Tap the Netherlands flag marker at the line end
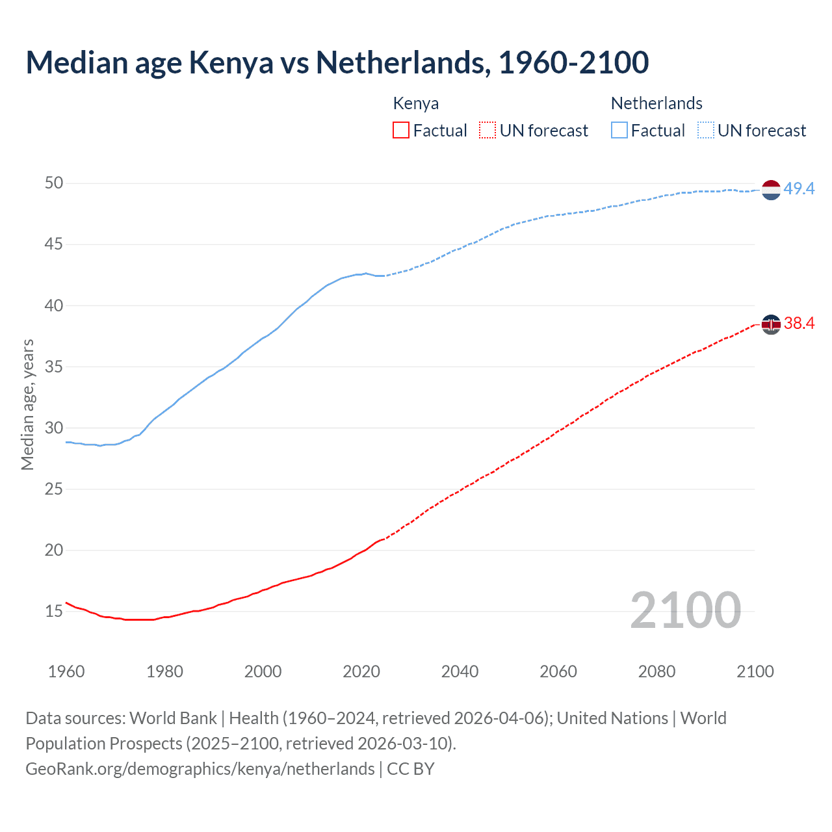point(770,190)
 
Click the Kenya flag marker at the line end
point(770,324)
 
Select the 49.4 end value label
point(799,189)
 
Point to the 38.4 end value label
point(799,323)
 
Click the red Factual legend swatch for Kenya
point(401,131)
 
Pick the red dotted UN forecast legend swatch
point(487,131)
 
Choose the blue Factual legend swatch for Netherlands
point(619,131)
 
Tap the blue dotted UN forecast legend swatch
point(706,131)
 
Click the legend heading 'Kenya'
point(416,103)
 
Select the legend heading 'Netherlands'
point(656,103)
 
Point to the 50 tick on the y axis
point(54,183)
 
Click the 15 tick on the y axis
point(54,611)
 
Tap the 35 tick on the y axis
point(54,367)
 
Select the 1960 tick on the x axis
point(66,671)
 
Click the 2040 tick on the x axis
point(460,671)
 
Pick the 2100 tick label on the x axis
point(755,671)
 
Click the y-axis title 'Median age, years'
point(27,404)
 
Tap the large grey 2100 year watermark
point(685,610)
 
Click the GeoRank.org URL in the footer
point(200,769)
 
